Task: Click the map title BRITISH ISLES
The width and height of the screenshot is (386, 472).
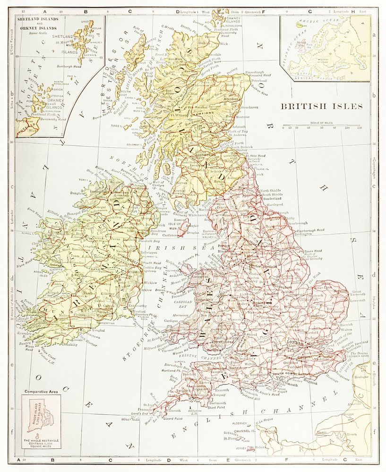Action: [x=322, y=106]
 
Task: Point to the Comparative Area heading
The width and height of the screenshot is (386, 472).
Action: [x=40, y=392]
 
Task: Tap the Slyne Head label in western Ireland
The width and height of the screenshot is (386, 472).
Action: [x=26, y=260]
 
